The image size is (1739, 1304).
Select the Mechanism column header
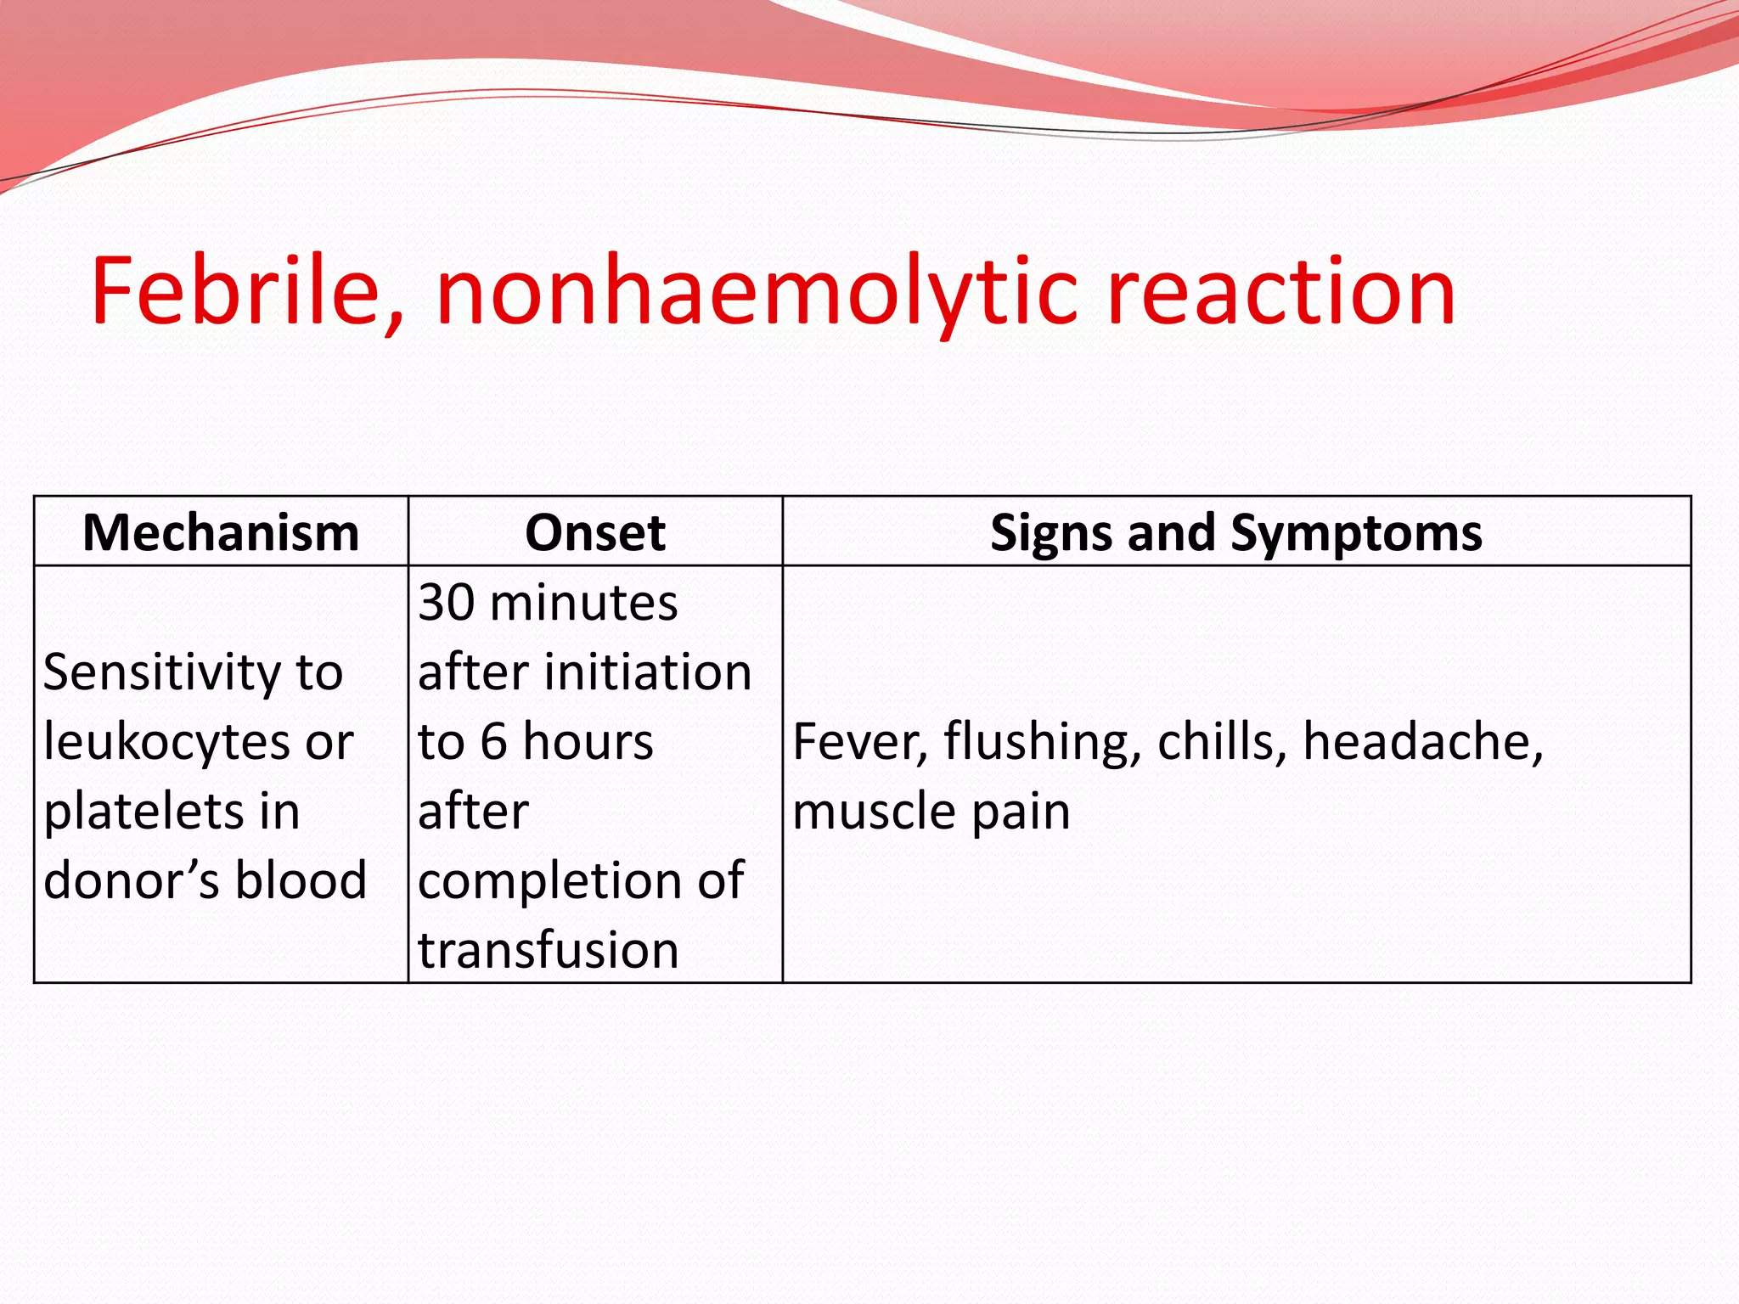point(221,533)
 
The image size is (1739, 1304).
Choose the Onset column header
point(594,533)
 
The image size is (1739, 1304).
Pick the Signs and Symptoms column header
point(1235,533)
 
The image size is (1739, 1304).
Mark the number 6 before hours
point(493,743)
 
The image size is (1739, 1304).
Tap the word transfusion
point(549,951)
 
